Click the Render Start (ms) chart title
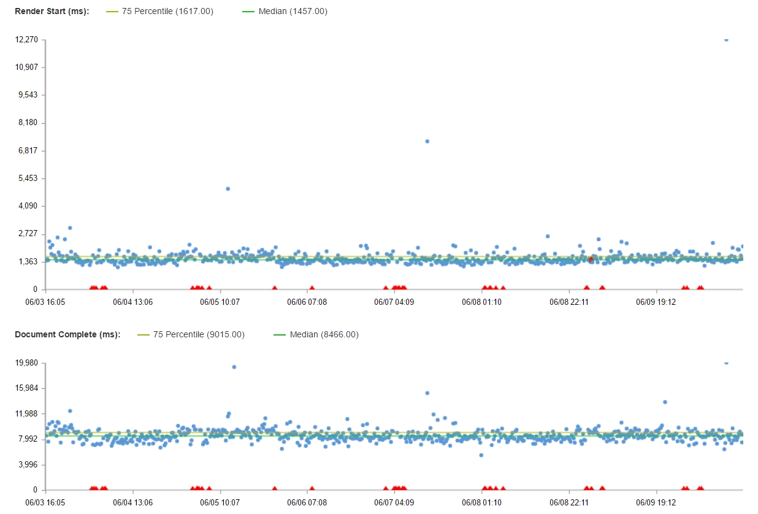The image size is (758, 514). [x=52, y=11]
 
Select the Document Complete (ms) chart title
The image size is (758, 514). [x=67, y=334]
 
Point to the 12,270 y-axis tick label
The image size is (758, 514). [x=26, y=39]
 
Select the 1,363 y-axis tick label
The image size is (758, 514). [x=28, y=262]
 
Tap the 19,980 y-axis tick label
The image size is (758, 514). [x=26, y=362]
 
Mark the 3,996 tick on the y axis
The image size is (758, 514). [x=28, y=464]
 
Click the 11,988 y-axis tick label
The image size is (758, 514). [x=26, y=413]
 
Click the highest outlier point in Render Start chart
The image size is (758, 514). [x=726, y=39]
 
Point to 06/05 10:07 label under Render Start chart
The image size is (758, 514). [x=222, y=302]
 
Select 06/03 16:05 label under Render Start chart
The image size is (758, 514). [x=45, y=302]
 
